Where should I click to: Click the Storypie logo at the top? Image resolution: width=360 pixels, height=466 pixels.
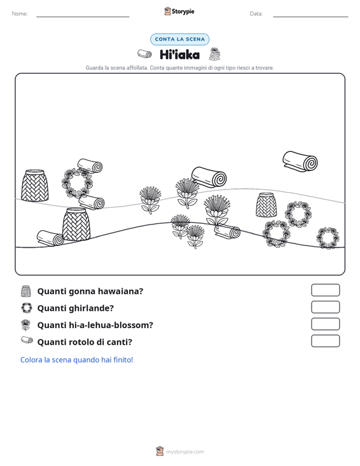(x=179, y=11)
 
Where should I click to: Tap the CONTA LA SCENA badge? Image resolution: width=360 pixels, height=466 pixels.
(x=179, y=39)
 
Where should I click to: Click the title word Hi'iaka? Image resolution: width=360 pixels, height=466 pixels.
(x=179, y=55)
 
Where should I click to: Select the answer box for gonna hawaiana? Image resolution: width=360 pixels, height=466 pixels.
(x=325, y=290)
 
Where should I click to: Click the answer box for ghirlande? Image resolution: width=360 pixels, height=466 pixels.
(x=325, y=307)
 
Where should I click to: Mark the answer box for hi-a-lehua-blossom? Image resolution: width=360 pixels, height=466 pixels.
(x=325, y=324)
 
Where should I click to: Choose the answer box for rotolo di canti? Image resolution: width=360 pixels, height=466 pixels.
(x=325, y=341)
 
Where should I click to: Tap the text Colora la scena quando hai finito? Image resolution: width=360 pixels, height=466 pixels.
(x=77, y=360)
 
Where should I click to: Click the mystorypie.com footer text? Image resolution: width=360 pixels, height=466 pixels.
(x=185, y=452)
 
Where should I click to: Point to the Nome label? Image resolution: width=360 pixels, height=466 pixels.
(x=20, y=14)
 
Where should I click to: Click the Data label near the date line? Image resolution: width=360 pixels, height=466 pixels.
(x=256, y=14)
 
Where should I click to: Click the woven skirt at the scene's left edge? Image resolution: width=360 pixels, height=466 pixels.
(x=35, y=185)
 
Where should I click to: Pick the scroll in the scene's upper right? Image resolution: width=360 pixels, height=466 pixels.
(x=300, y=161)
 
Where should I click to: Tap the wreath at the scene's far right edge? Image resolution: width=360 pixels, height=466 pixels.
(x=328, y=238)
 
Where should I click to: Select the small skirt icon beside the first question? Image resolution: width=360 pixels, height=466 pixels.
(x=26, y=291)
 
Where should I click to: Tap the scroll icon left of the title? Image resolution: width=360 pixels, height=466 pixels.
(x=144, y=54)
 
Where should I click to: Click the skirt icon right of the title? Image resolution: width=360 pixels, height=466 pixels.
(x=214, y=54)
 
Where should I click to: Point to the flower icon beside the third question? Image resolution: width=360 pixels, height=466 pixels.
(x=25, y=325)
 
